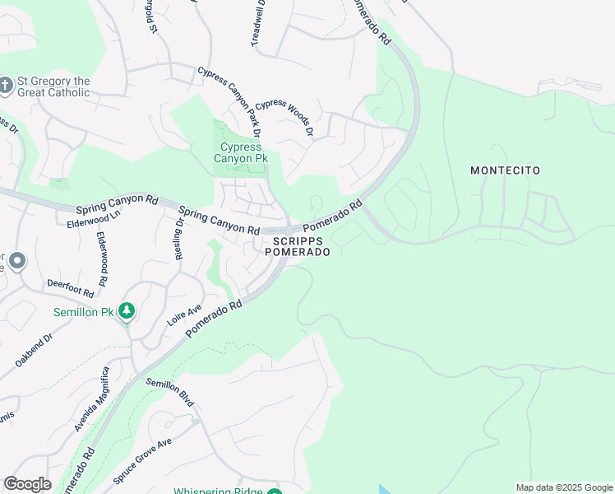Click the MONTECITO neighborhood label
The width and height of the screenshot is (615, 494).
tap(505, 170)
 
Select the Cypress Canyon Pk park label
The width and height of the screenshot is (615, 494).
tap(238, 153)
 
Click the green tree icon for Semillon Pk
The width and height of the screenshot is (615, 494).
tap(126, 310)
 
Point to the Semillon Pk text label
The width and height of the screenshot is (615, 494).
tap(84, 312)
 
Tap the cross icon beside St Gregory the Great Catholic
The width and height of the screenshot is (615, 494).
tap(6, 86)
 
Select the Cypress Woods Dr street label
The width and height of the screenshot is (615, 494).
tap(284, 117)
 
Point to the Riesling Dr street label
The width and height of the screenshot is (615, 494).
tap(179, 240)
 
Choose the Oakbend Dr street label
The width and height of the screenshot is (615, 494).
tap(34, 350)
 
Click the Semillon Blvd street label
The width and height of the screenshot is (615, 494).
tap(169, 393)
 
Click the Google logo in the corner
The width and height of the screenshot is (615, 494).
tap(27, 484)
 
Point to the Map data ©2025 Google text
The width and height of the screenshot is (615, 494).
tap(563, 487)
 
